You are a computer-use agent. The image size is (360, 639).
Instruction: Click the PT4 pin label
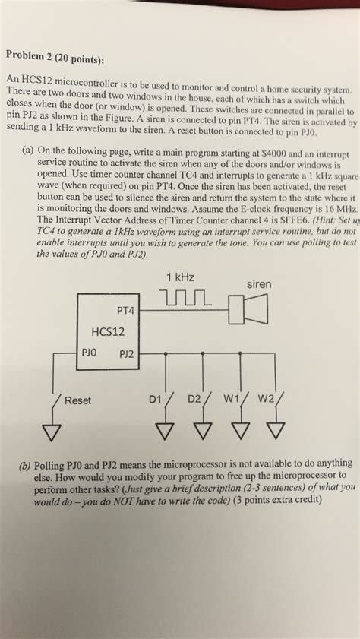(125, 311)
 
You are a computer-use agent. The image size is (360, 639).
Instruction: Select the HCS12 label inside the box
(108, 331)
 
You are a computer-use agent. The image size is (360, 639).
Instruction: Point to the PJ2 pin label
(126, 354)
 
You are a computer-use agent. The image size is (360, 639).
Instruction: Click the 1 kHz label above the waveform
(180, 278)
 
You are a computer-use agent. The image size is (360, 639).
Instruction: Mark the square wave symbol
(186, 298)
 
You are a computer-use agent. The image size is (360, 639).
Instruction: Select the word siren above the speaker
(259, 284)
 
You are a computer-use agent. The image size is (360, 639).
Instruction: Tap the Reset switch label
(78, 400)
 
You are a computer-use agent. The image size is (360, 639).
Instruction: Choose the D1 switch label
(155, 400)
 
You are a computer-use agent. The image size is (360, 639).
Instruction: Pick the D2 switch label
(194, 399)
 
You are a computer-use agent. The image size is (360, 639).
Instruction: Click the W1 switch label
(230, 398)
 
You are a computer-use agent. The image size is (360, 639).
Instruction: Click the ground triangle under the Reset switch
(52, 432)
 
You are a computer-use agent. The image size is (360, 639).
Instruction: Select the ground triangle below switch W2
(276, 429)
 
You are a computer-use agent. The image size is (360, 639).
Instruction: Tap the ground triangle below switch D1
(165, 431)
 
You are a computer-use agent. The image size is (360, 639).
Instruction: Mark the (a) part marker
(28, 150)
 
